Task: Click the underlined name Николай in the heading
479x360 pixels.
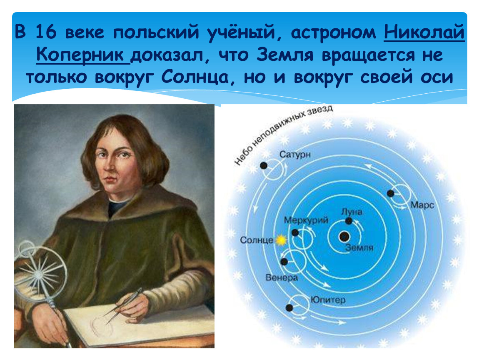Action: (424, 32)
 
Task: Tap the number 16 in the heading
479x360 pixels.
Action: (46, 32)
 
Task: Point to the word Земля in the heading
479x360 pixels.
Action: (285, 55)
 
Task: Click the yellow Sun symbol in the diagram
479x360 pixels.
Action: (281, 240)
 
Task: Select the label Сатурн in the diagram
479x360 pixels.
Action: (295, 155)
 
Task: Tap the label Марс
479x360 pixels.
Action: (422, 205)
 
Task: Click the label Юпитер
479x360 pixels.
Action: (328, 300)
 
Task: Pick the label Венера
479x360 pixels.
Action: (281, 278)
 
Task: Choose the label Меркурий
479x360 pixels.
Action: (306, 220)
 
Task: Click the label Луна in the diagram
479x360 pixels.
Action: (352, 212)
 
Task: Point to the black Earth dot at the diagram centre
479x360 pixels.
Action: (344, 237)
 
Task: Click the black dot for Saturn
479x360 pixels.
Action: (264, 166)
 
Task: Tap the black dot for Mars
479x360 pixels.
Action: (390, 193)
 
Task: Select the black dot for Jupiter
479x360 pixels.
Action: (289, 308)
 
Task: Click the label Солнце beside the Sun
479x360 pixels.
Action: (257, 240)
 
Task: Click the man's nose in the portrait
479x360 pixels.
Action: (109, 165)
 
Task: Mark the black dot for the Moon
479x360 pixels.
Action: (349, 221)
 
